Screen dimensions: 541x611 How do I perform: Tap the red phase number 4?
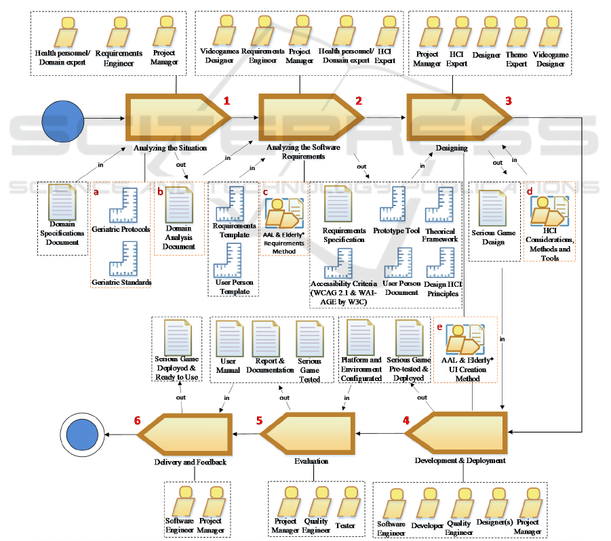coord(406,420)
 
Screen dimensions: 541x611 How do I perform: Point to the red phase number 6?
coord(138,420)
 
